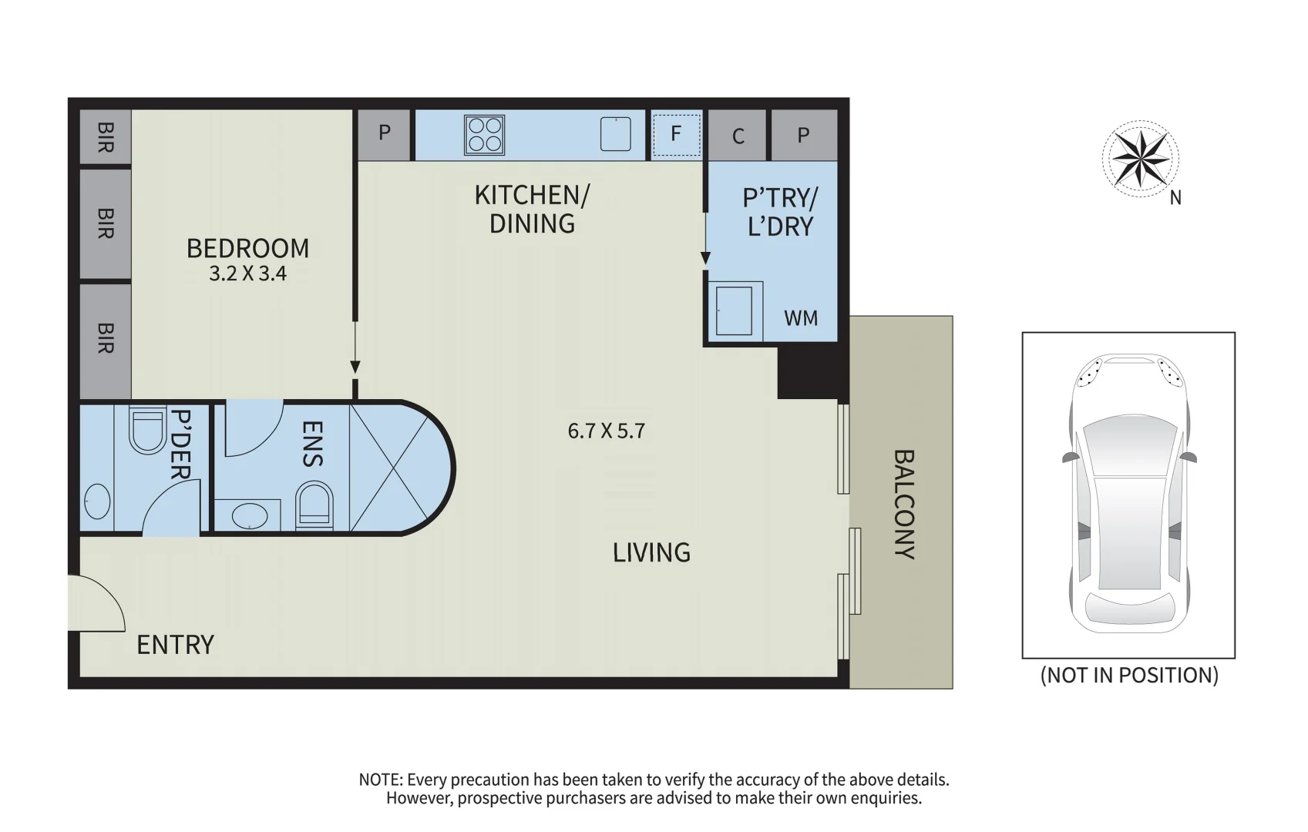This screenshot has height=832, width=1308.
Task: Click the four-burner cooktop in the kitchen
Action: click(x=484, y=136)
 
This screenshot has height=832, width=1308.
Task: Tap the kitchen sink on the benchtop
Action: click(x=615, y=134)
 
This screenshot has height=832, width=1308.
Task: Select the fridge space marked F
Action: click(x=676, y=136)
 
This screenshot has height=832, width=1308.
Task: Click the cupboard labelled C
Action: click(x=737, y=136)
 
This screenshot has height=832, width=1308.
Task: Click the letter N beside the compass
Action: click(x=1175, y=199)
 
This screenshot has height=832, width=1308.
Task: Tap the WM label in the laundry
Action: click(x=801, y=319)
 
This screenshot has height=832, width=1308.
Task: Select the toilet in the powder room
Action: click(x=147, y=430)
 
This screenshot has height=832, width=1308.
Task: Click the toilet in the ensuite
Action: click(x=314, y=506)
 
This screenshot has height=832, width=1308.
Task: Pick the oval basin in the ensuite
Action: click(x=249, y=516)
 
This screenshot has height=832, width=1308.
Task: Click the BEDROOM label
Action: click(x=247, y=249)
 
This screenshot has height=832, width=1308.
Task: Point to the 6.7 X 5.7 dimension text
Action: click(x=606, y=431)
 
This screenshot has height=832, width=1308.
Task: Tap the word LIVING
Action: click(x=651, y=552)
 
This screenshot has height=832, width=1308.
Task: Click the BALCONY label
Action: click(x=904, y=504)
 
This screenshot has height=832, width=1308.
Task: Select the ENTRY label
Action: click(x=175, y=645)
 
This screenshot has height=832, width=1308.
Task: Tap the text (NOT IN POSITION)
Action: click(x=1129, y=676)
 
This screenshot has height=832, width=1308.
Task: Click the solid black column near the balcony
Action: click(x=813, y=371)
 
